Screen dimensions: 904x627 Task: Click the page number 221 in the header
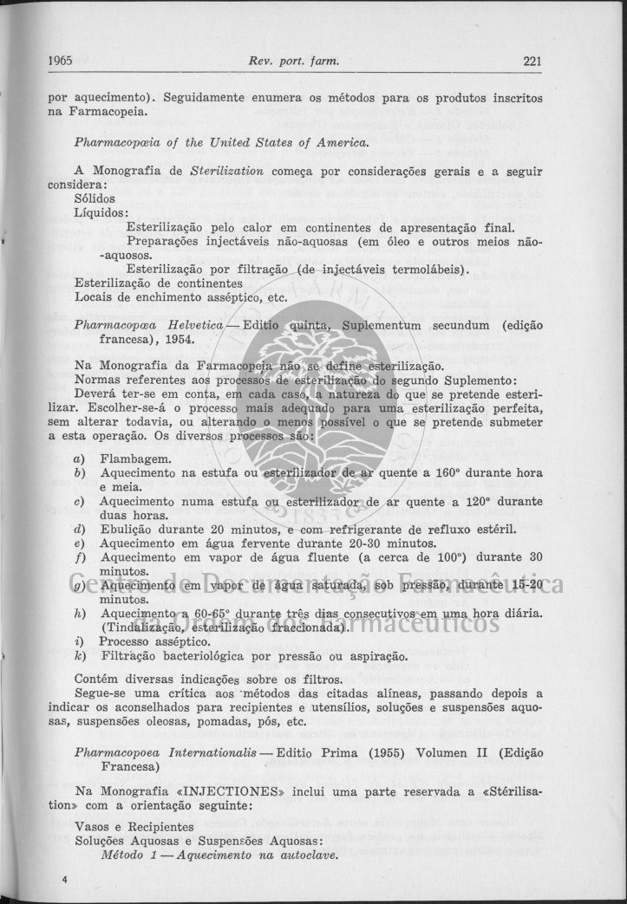click(x=532, y=60)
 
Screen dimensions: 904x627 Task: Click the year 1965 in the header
click(x=60, y=60)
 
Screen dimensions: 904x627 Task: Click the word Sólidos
click(x=95, y=198)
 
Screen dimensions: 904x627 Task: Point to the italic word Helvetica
click(x=194, y=325)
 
